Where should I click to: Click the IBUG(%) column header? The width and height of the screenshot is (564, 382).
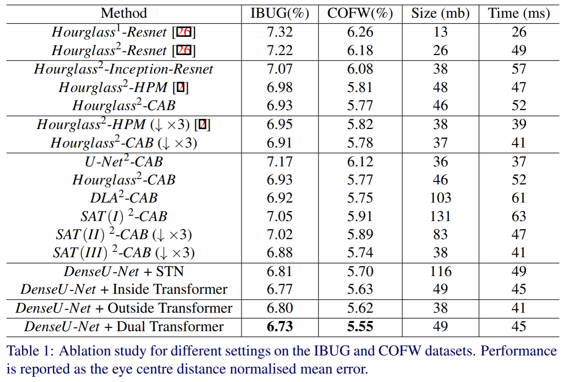coord(280,13)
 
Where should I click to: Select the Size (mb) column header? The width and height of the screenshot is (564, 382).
coord(440,13)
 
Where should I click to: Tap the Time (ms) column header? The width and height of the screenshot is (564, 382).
coord(519,13)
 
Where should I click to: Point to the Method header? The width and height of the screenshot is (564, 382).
coord(124,13)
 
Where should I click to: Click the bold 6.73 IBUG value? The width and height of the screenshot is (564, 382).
coord(280,327)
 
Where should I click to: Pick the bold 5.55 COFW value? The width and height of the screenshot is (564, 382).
coord(360,327)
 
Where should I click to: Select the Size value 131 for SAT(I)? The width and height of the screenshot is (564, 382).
coord(440,216)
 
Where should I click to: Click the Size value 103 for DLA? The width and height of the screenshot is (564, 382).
coord(440,198)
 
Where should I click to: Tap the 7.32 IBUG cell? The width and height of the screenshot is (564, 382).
coord(280,32)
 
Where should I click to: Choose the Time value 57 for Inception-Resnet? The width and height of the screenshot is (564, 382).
coord(519,69)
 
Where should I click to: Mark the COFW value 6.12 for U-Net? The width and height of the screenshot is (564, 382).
coord(360,162)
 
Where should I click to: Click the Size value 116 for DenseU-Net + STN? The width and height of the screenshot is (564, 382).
coord(440,271)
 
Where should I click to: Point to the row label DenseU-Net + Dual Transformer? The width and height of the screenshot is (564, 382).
coord(124,327)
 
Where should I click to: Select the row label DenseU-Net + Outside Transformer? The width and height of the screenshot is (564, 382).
coord(124,308)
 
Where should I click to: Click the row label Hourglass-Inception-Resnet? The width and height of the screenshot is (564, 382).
coord(124,69)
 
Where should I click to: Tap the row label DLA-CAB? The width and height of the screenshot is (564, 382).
coord(124,198)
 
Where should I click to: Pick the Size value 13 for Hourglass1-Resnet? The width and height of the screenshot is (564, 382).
coord(440,32)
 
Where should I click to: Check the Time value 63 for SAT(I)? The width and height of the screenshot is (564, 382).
coord(519,216)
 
